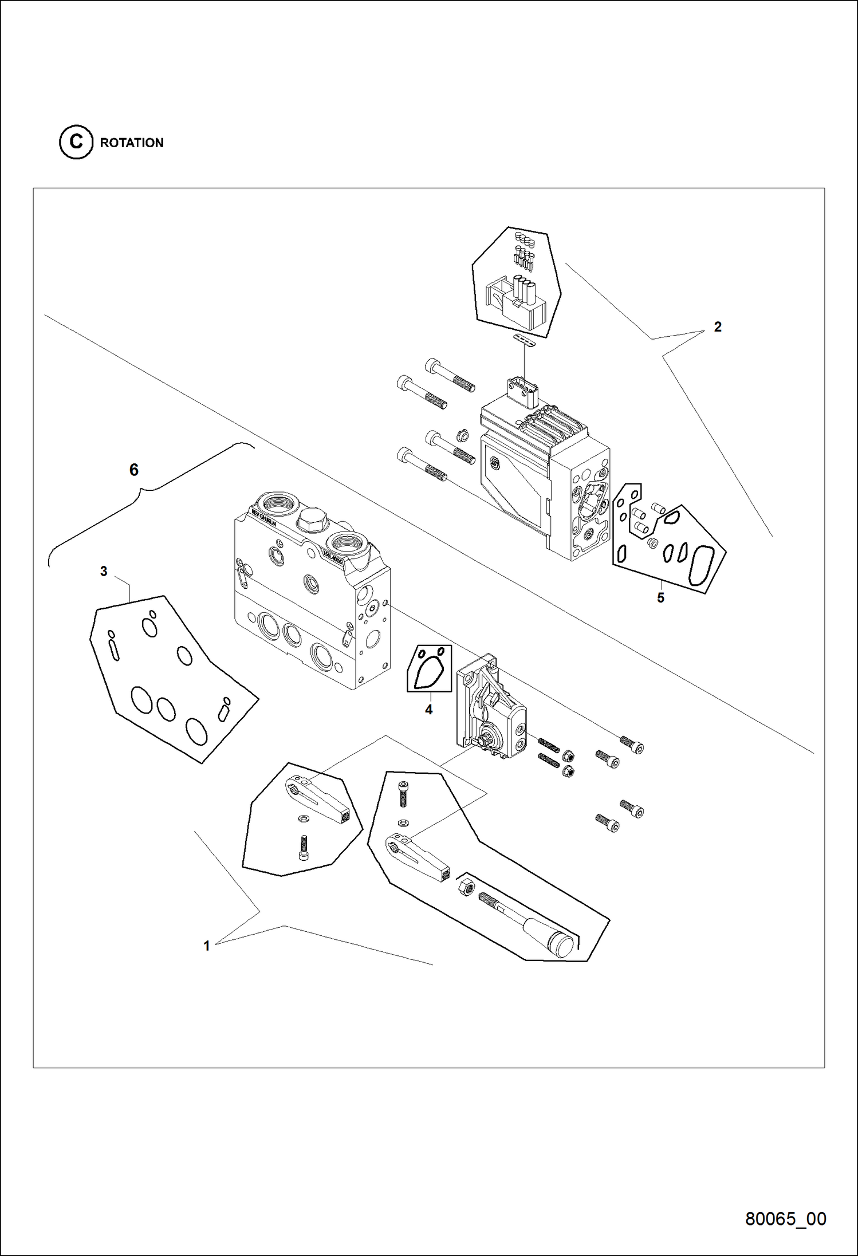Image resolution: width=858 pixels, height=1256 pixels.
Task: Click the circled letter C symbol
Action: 76,142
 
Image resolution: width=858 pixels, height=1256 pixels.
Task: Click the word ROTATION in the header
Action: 132,143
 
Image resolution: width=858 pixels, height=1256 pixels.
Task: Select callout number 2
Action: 717,327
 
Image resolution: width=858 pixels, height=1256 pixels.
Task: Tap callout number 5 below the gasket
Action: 660,598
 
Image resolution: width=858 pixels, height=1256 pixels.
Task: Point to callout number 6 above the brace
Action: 134,470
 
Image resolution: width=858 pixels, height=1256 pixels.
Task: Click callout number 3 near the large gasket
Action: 104,571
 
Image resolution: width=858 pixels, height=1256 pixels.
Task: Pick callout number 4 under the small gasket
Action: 428,710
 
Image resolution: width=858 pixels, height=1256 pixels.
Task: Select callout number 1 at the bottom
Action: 207,946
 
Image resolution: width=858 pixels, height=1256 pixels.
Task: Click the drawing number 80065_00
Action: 785,1219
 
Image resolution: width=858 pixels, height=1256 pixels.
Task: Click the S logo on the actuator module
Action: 494,464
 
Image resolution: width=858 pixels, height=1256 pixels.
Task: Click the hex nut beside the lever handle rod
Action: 465,887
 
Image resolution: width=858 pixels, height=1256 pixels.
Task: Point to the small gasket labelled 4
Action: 429,668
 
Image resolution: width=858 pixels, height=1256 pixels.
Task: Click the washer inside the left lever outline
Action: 303,817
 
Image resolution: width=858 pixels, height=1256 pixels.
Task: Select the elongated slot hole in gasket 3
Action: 115,651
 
